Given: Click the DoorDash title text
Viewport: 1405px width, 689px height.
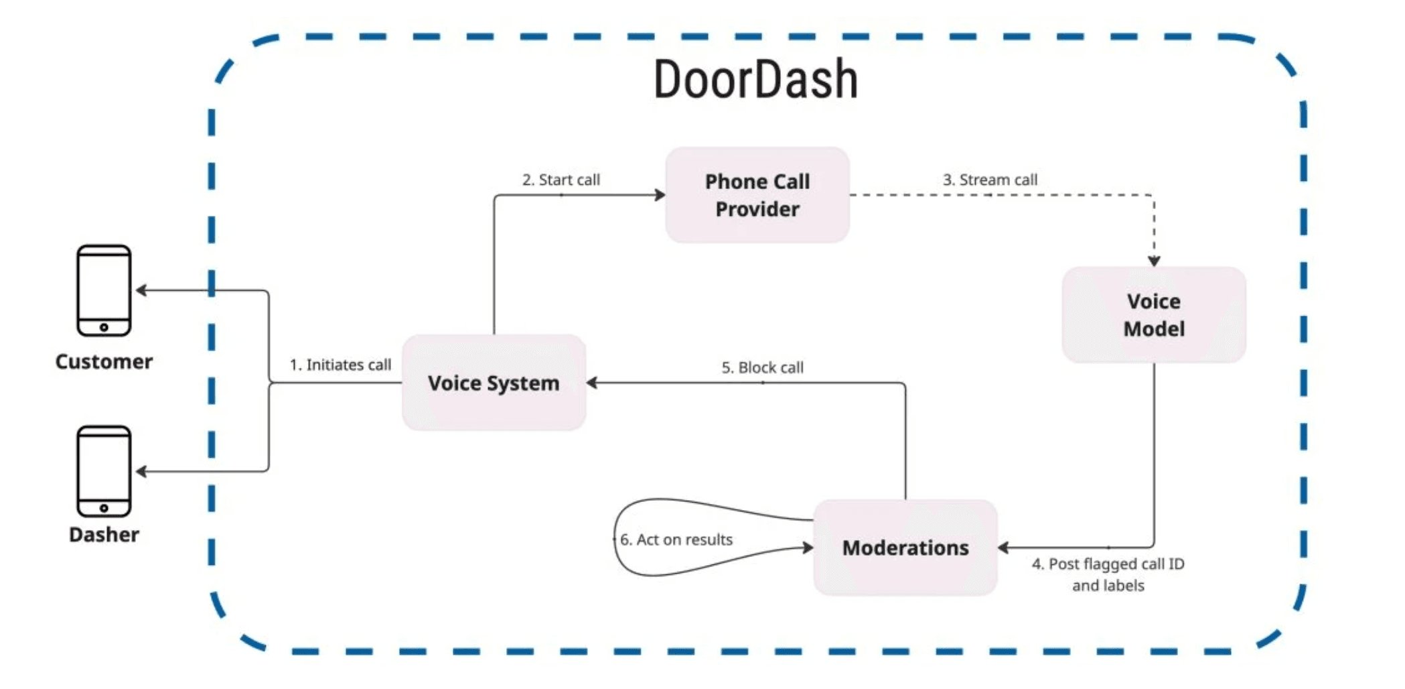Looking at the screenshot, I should coord(755,79).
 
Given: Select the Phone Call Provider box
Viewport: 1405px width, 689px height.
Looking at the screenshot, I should coord(757,195).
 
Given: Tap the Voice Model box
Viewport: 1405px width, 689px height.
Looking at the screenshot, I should coord(1153,315).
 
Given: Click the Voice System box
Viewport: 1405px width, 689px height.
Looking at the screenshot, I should coord(494,383).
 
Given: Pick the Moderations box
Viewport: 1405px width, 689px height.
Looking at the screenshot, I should coord(905,548).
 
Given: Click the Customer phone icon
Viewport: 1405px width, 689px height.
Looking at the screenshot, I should coord(104,290).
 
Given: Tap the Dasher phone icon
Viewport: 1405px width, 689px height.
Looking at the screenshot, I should coord(104,471).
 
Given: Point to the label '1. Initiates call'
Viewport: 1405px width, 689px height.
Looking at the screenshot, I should coord(340,365).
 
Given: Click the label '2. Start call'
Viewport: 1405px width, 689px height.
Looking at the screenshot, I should coord(561,180).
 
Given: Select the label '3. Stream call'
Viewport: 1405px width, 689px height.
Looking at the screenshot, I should coord(990,180).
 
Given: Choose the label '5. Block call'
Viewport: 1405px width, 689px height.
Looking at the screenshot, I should coord(762,367).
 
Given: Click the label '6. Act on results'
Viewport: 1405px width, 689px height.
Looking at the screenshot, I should coord(676,540).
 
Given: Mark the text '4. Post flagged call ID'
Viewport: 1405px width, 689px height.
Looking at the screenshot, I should coord(1108,564).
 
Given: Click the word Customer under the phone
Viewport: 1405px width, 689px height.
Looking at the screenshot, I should coord(104,362).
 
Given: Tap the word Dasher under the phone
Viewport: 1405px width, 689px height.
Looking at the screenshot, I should coord(104,535).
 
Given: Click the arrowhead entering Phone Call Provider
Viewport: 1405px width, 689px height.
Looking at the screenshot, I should coord(660,195).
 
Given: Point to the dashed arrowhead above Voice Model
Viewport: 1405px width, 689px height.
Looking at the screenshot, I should coord(1154,261).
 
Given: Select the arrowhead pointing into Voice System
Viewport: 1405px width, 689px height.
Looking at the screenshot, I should coord(592,383).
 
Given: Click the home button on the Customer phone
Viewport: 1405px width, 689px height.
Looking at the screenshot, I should coord(104,328).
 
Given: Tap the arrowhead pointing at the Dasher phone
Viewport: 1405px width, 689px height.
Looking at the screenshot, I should coord(141,472).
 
